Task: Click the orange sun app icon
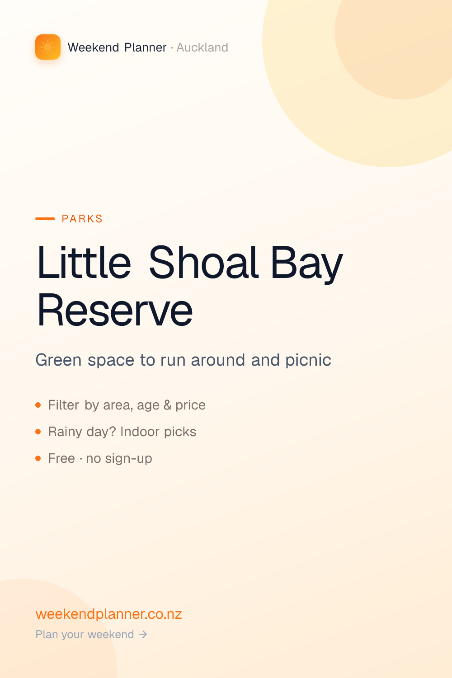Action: (x=48, y=47)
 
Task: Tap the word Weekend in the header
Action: (x=93, y=47)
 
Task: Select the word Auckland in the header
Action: (x=202, y=47)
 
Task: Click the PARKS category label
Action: (x=82, y=218)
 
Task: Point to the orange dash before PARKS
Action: (x=45, y=218)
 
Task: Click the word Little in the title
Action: (x=84, y=262)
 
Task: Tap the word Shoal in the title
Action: (x=204, y=262)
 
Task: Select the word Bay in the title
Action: (x=306, y=265)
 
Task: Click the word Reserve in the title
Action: (x=115, y=311)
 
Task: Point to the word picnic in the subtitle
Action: (x=308, y=360)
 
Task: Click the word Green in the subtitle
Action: (x=58, y=360)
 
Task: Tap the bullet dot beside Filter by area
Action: (x=38, y=405)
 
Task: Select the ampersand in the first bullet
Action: (x=167, y=405)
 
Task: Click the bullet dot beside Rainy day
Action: (x=38, y=432)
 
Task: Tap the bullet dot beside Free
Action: (x=38, y=458)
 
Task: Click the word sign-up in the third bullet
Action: (x=128, y=459)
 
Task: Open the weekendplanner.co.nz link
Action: (x=108, y=614)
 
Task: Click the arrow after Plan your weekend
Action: (x=143, y=634)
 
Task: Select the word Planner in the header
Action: (x=146, y=47)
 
